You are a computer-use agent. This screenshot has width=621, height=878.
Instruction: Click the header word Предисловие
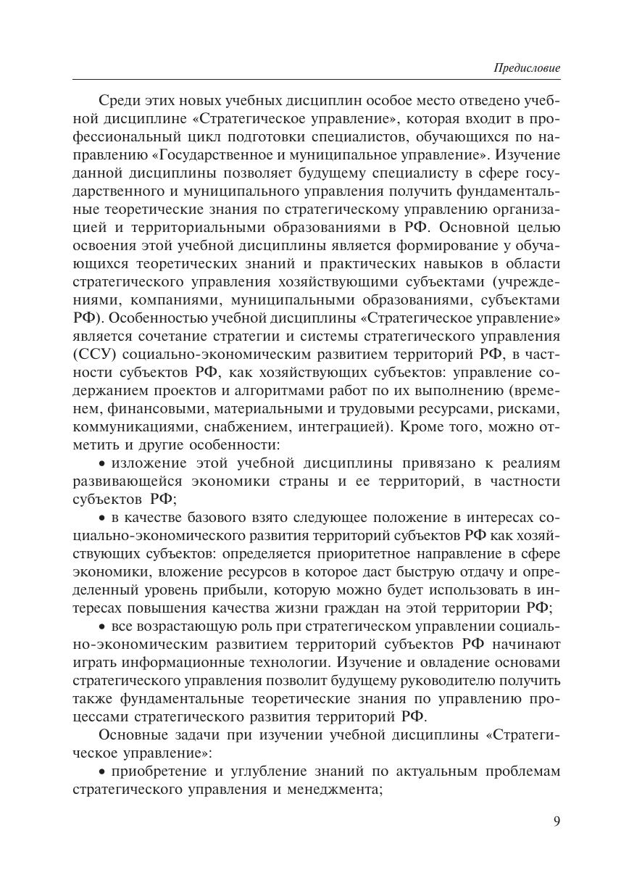tap(527, 68)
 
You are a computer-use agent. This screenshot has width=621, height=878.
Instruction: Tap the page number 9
tap(557, 821)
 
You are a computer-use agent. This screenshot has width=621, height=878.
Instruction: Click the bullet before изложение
tap(102, 463)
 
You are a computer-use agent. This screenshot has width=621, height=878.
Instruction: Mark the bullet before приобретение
tap(102, 771)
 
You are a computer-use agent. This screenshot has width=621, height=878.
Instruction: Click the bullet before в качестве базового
tap(102, 518)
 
